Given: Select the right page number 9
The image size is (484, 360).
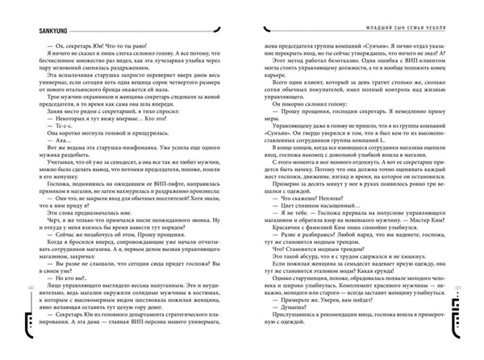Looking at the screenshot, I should pos(477,287).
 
